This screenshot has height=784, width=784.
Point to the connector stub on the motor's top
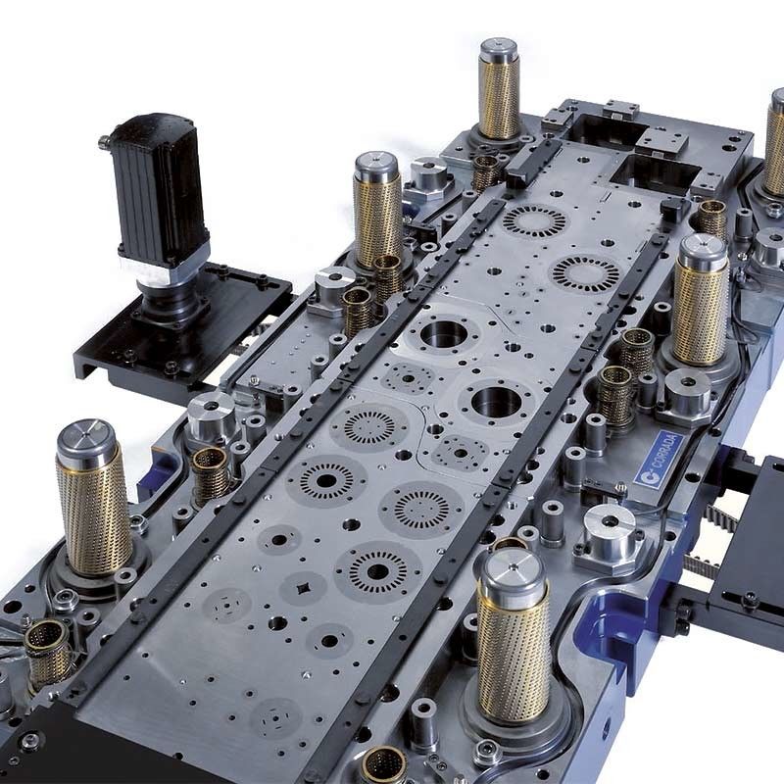(105, 141)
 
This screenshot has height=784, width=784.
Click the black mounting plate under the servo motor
(184, 325)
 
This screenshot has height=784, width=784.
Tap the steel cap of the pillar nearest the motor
(376, 168)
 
